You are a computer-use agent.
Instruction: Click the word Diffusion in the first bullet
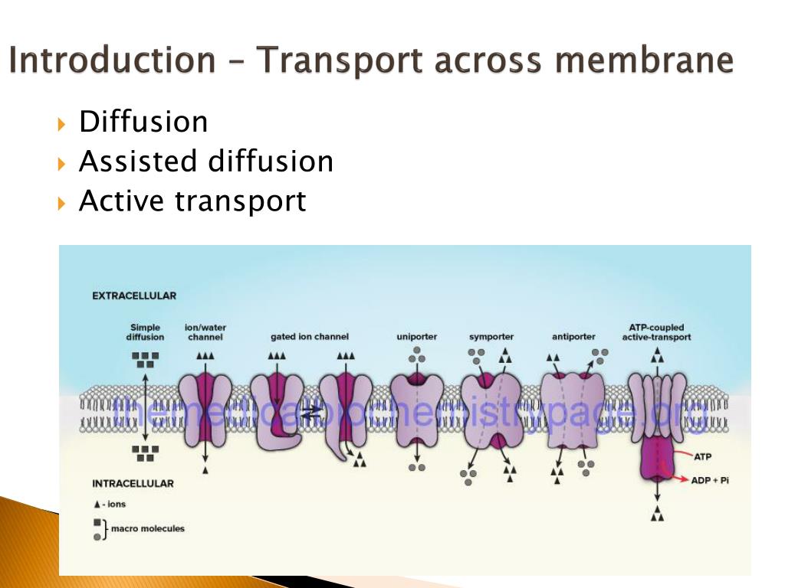tap(143, 122)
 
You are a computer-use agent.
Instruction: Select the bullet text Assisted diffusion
tap(206, 162)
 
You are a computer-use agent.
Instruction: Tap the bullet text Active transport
tap(192, 201)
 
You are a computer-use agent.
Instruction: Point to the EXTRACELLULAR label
tap(134, 296)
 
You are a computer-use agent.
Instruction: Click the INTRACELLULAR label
tap(133, 483)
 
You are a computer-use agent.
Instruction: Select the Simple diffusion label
tap(145, 332)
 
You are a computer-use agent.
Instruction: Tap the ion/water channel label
tap(205, 332)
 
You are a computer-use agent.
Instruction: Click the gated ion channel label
tap(310, 337)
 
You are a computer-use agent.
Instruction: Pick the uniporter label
tap(416, 337)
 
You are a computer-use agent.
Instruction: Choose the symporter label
tap(491, 337)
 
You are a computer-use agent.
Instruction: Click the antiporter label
tap(573, 337)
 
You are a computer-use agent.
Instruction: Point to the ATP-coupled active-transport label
tap(656, 332)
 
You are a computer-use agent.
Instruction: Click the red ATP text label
tap(703, 457)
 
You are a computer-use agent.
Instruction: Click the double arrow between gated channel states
tap(310, 413)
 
